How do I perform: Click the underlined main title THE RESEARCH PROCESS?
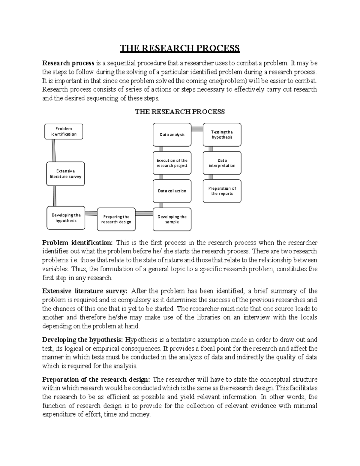click(x=180, y=48)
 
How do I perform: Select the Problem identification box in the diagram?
click(x=64, y=131)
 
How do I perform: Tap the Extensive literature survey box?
click(x=65, y=174)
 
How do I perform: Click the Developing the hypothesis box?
click(x=66, y=218)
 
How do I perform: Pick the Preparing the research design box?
click(x=116, y=219)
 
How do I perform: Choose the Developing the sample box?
click(x=172, y=219)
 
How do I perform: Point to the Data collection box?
click(x=172, y=191)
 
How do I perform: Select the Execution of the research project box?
click(x=172, y=163)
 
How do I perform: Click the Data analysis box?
click(x=172, y=135)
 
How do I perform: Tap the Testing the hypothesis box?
click(x=222, y=135)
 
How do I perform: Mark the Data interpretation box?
click(x=222, y=163)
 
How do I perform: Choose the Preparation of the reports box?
click(x=222, y=191)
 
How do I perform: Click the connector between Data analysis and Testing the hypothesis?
click(x=197, y=129)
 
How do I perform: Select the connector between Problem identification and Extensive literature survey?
click(x=54, y=151)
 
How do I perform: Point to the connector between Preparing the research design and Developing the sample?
click(x=144, y=214)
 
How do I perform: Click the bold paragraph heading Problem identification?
click(x=77, y=242)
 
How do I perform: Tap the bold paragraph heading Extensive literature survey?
click(x=85, y=291)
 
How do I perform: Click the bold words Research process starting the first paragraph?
click(x=68, y=63)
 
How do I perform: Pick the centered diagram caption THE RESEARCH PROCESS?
click(x=180, y=112)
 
